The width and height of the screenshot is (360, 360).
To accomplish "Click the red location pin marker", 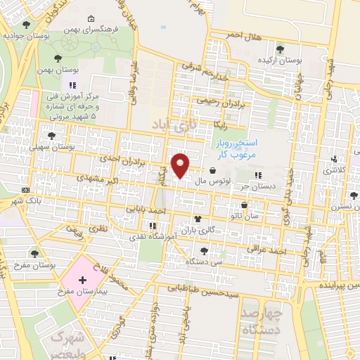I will click(x=181, y=165).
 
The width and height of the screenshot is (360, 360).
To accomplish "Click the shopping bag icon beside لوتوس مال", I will click(x=212, y=170).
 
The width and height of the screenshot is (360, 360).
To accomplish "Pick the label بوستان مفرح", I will click(x=34, y=264).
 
